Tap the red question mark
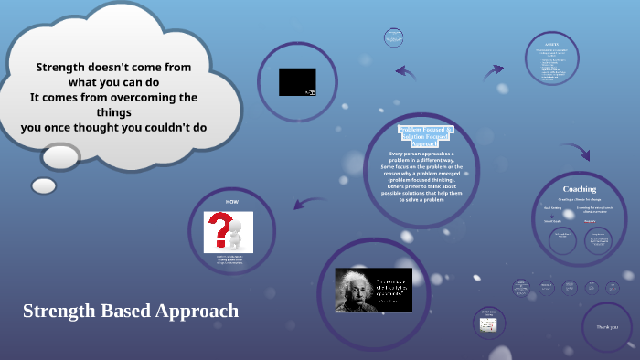tap(219, 230)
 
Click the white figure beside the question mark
tap(237, 234)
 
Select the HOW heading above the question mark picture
tap(232, 201)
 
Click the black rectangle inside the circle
tap(297, 82)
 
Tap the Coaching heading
tap(579, 189)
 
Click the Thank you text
tap(607, 326)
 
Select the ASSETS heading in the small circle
tap(552, 43)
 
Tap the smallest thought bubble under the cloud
tap(44, 185)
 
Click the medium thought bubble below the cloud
tap(62, 156)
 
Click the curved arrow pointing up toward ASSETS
tap(493, 71)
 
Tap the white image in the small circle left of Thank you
tap(489, 325)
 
